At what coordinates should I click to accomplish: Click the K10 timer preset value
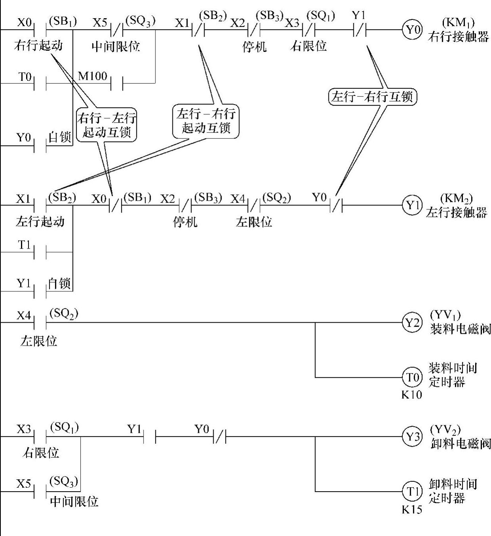(x=411, y=395)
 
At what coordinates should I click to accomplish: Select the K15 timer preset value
(x=411, y=509)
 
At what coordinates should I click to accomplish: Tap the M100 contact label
(x=93, y=76)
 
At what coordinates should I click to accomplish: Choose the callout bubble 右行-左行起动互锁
(x=107, y=124)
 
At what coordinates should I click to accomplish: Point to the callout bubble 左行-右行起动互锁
(x=206, y=121)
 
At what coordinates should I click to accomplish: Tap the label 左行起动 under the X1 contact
(x=40, y=221)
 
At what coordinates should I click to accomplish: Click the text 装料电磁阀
(x=460, y=329)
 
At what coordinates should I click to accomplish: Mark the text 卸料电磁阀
(x=460, y=443)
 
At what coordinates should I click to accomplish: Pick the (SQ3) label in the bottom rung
(x=64, y=481)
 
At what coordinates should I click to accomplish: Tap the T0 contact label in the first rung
(x=25, y=76)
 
